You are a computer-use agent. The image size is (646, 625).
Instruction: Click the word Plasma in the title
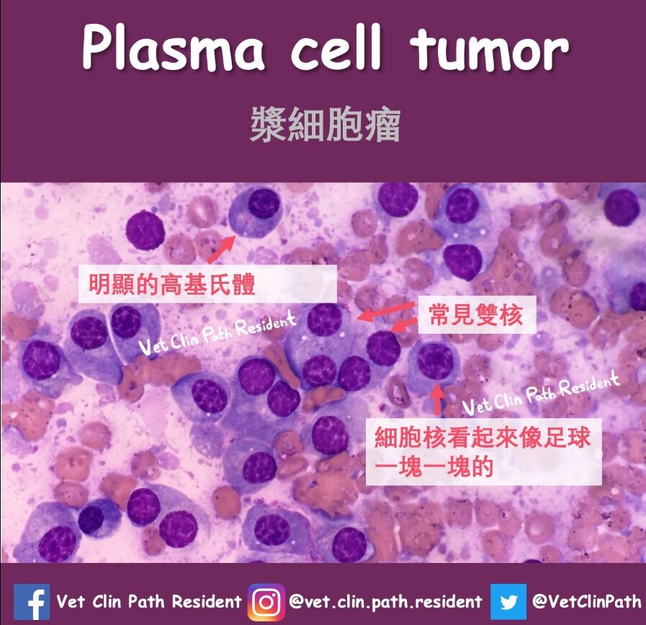coord(174,48)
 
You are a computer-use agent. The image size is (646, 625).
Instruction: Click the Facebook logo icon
coord(32,601)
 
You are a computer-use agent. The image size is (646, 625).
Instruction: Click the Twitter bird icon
coord(508,601)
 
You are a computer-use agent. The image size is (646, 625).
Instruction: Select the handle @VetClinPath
coord(587,601)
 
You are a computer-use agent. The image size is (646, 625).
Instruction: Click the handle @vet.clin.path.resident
coord(385,601)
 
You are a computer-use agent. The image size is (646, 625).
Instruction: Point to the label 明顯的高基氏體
coord(172,284)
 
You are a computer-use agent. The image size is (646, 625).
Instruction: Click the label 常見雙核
coord(476,315)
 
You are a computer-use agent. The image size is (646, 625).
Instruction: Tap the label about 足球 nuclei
coord(483,452)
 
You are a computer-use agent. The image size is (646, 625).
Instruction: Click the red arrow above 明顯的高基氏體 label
coord(221,249)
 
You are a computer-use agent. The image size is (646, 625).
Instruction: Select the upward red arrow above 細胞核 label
coord(437,399)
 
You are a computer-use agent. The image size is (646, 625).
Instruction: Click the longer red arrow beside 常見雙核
coord(386,311)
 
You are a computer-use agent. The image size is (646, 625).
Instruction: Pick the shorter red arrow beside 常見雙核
coord(403,325)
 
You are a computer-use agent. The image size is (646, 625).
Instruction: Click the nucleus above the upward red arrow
coord(435,360)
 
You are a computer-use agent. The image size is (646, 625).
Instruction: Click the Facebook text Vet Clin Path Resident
coord(149,601)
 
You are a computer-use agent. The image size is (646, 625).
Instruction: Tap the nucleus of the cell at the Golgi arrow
coord(264,204)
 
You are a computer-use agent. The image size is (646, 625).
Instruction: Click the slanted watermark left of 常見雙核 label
coord(217,333)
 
